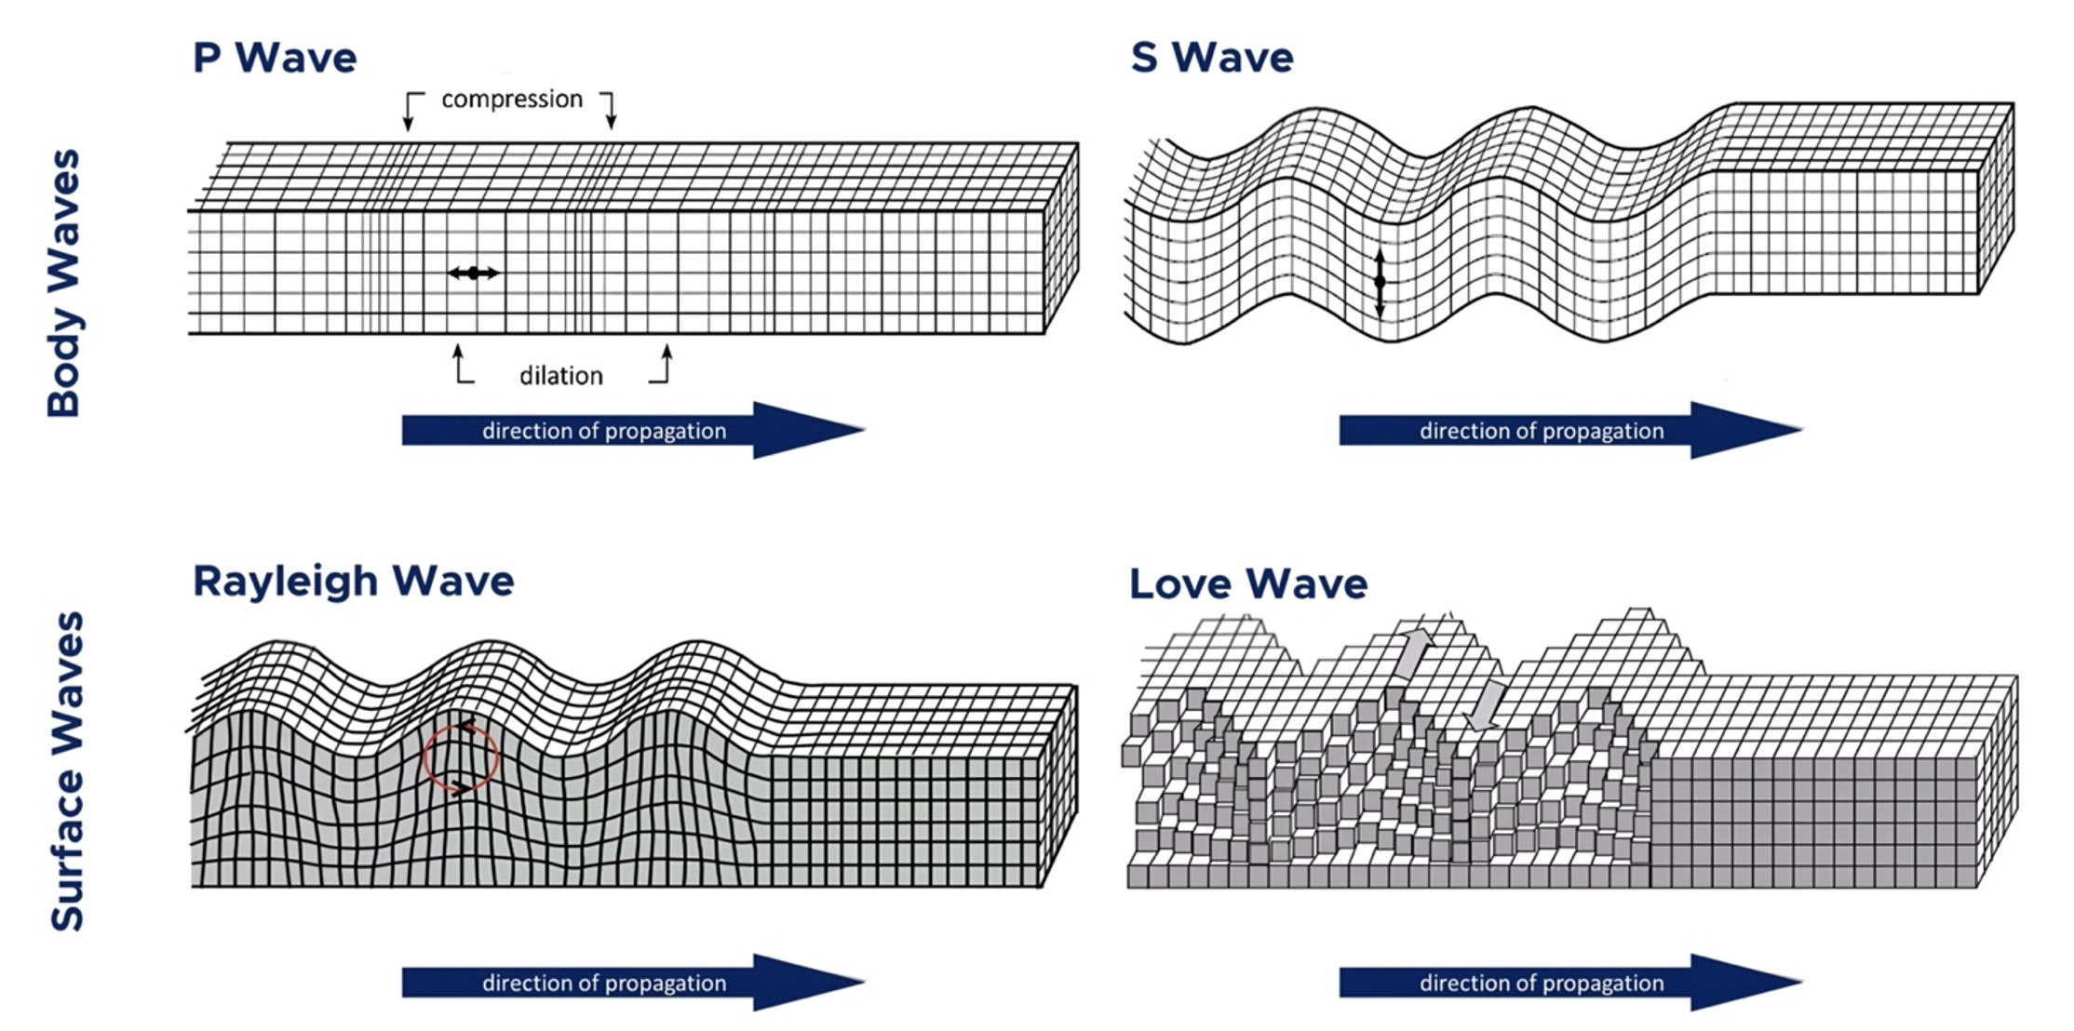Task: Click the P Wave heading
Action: pos(275,58)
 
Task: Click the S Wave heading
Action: pos(1212,58)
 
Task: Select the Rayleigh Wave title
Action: pos(353,582)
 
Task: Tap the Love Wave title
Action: pos(1248,584)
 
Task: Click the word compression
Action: pos(512,100)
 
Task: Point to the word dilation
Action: pos(561,376)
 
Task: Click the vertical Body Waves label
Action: pos(64,283)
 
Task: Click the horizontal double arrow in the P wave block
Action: pos(474,273)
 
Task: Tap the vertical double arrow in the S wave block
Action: pos(1380,281)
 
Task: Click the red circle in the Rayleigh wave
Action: pos(461,757)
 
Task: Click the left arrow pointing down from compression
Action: pos(410,112)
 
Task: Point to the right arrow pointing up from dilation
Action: pos(665,364)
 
